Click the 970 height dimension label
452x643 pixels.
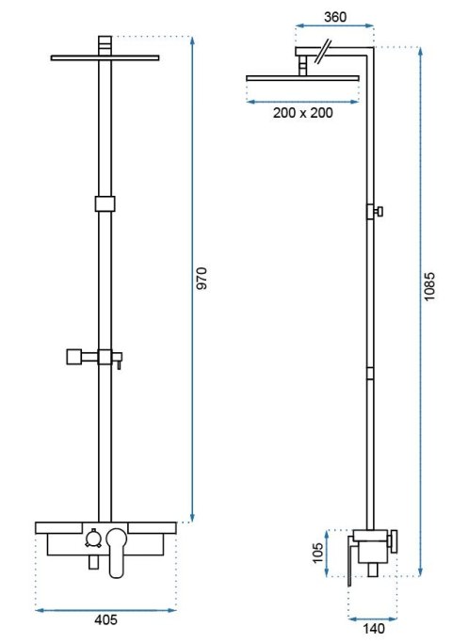tap(202, 279)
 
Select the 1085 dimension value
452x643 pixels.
tap(429, 286)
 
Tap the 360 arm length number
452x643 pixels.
tap(335, 17)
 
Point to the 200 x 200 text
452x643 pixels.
tap(302, 112)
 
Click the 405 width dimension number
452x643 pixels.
tap(105, 619)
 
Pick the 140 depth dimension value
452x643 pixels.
tap(374, 628)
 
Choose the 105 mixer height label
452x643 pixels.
tap(318, 553)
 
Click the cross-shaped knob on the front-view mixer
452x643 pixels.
tap(94, 538)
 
